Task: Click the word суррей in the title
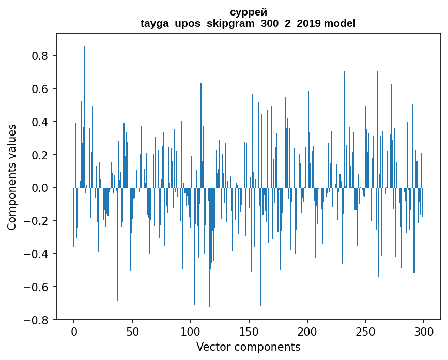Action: point(248,12)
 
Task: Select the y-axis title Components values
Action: point(12,177)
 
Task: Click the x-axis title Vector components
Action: point(248,347)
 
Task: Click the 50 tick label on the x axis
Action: point(132,331)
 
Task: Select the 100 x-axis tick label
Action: point(191,331)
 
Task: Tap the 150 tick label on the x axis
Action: point(249,331)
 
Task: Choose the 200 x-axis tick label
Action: point(307,331)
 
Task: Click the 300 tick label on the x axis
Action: point(424,331)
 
